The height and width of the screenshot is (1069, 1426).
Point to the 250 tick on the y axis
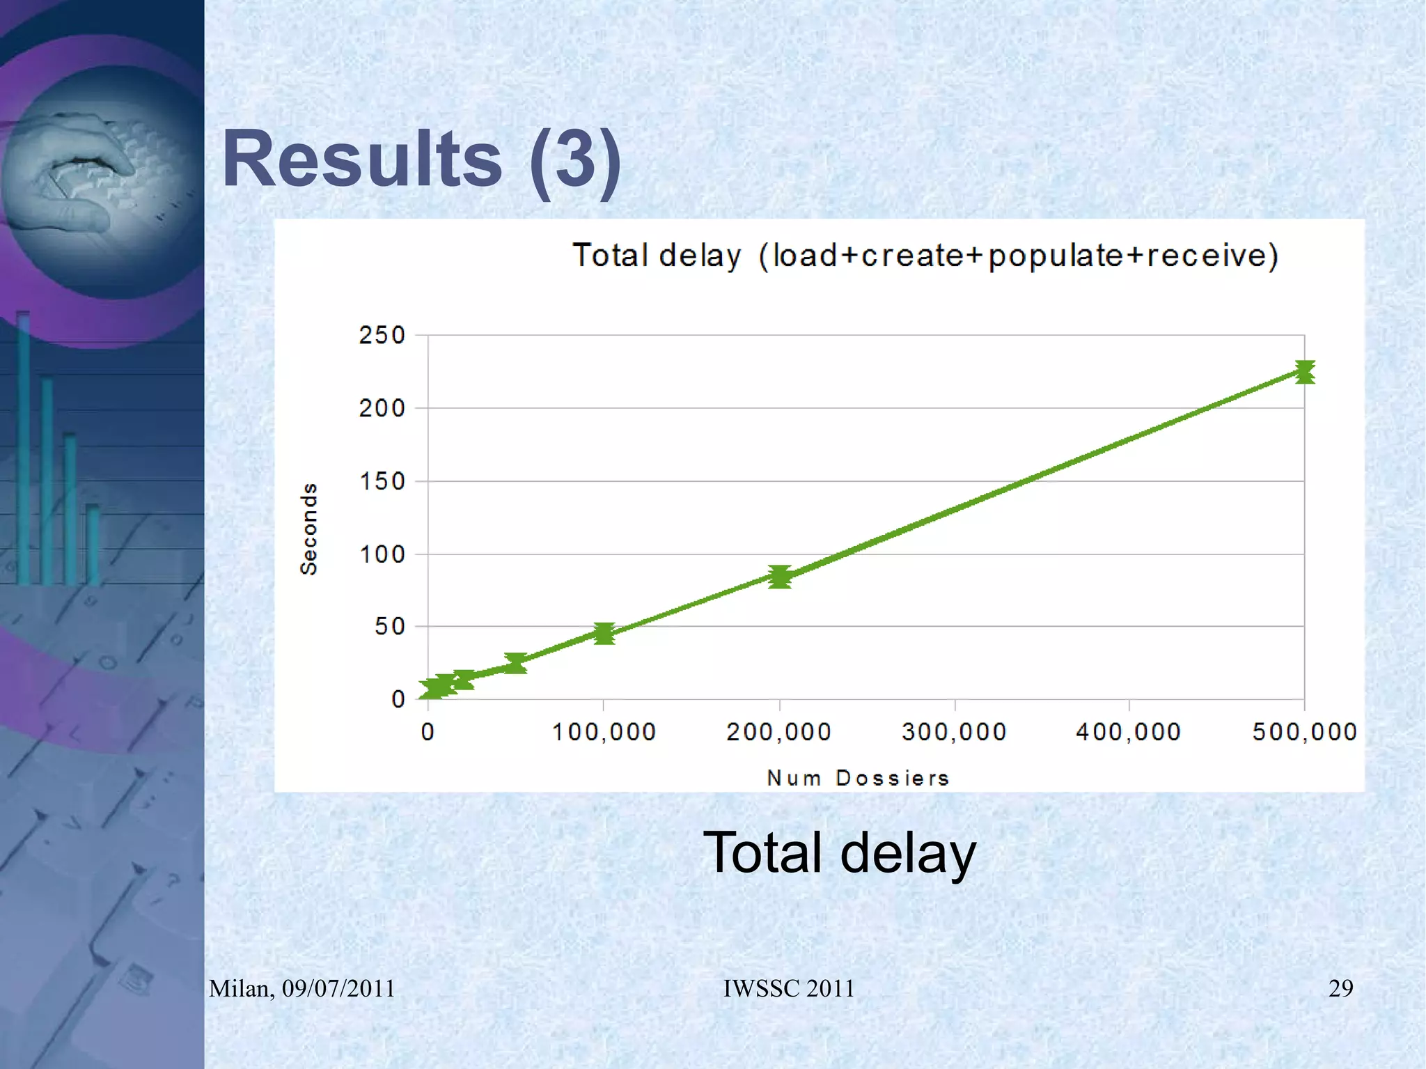382,335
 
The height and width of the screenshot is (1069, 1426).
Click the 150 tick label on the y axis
382,481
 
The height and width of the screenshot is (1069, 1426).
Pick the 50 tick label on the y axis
389,627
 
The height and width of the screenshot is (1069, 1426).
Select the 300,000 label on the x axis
954,732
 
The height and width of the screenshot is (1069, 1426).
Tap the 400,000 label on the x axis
1129,732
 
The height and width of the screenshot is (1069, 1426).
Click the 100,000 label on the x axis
604,732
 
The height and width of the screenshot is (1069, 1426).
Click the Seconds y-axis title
308,529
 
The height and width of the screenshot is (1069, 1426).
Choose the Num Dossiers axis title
858,778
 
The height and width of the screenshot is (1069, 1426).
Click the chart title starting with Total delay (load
925,256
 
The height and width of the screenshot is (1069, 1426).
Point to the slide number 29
1340,988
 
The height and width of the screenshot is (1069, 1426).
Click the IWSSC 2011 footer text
789,988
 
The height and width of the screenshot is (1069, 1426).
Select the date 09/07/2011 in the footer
338,988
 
